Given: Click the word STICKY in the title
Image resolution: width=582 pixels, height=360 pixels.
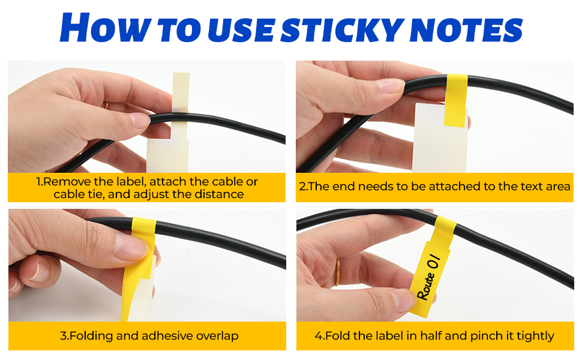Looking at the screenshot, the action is [342, 29].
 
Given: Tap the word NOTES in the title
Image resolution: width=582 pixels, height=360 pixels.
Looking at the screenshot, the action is [467, 29].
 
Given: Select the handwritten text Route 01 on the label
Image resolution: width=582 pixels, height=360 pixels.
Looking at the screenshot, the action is [428, 277].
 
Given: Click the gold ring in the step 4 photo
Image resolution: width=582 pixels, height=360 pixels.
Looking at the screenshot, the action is [337, 272].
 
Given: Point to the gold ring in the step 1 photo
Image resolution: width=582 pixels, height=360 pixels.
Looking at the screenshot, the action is [106, 105].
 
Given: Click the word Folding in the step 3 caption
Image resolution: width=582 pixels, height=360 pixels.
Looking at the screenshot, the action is [91, 336].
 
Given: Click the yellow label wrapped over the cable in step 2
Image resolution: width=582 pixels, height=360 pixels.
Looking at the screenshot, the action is [456, 100].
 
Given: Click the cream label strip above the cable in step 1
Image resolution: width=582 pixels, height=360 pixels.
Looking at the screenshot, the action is [181, 91].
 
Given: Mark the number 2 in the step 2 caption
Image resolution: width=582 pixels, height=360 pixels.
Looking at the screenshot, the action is [302, 187].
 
